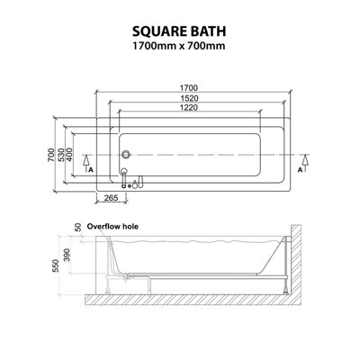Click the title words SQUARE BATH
tap(179, 29)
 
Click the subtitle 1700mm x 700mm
tap(179, 48)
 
